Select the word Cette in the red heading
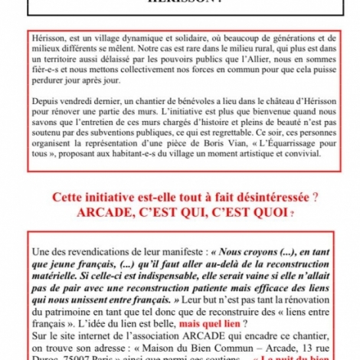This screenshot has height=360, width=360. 70,198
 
